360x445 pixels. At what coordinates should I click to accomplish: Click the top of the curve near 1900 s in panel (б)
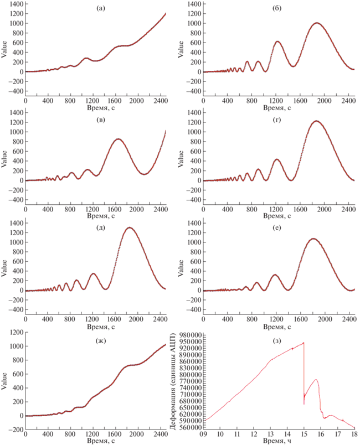coord(317,23)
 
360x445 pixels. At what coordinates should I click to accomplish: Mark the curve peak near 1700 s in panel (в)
coord(119,139)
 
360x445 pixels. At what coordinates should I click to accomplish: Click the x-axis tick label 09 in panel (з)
coord(204,435)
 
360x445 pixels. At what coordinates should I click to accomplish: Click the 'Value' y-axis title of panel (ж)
coord(4,381)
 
